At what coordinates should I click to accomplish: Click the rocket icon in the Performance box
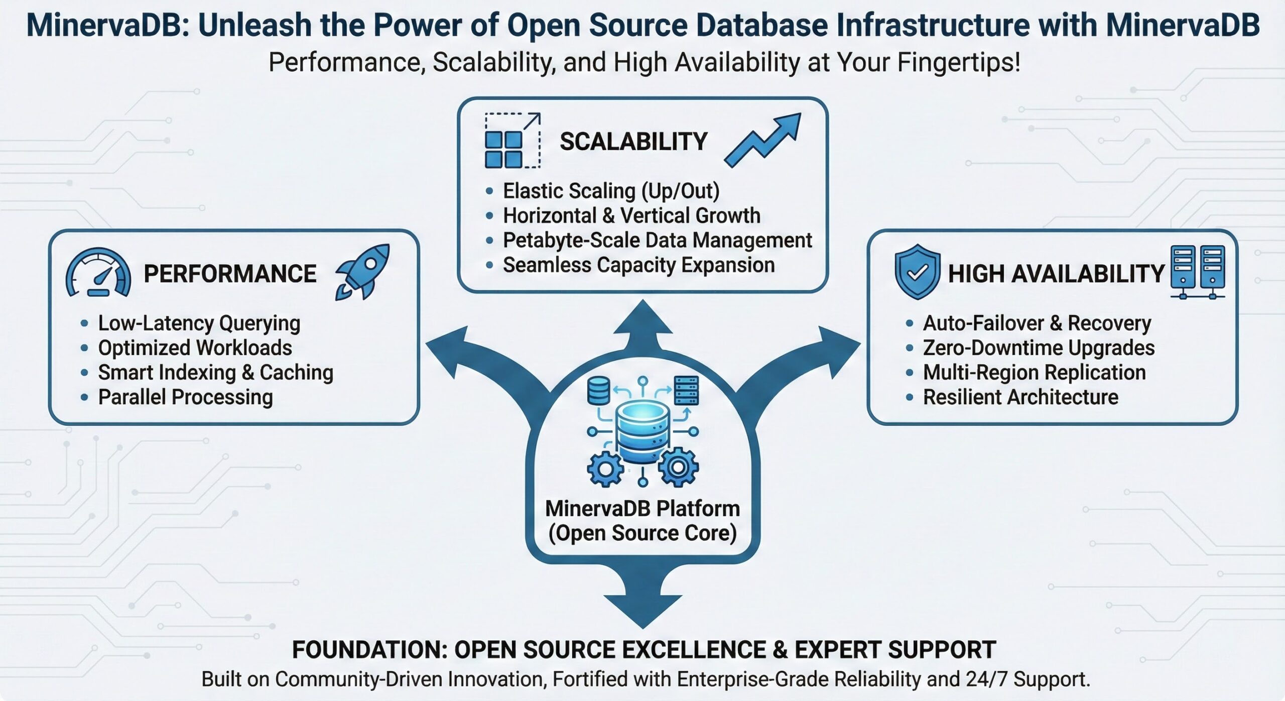[362, 272]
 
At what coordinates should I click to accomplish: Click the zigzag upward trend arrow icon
[763, 141]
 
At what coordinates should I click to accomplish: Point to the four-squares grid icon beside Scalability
[504, 149]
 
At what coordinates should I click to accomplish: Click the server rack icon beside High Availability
[1198, 272]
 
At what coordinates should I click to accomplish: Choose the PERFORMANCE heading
[230, 274]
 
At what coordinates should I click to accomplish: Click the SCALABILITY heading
[633, 142]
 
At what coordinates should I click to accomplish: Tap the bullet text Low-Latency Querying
[199, 323]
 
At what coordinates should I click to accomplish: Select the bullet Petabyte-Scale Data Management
[657, 240]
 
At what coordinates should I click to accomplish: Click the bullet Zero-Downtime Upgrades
[1039, 347]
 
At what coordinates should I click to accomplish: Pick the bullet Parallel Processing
[185, 397]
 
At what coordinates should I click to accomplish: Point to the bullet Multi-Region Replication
[1034, 372]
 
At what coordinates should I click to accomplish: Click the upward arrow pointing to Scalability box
[642, 321]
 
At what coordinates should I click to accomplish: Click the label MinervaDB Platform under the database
[642, 509]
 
